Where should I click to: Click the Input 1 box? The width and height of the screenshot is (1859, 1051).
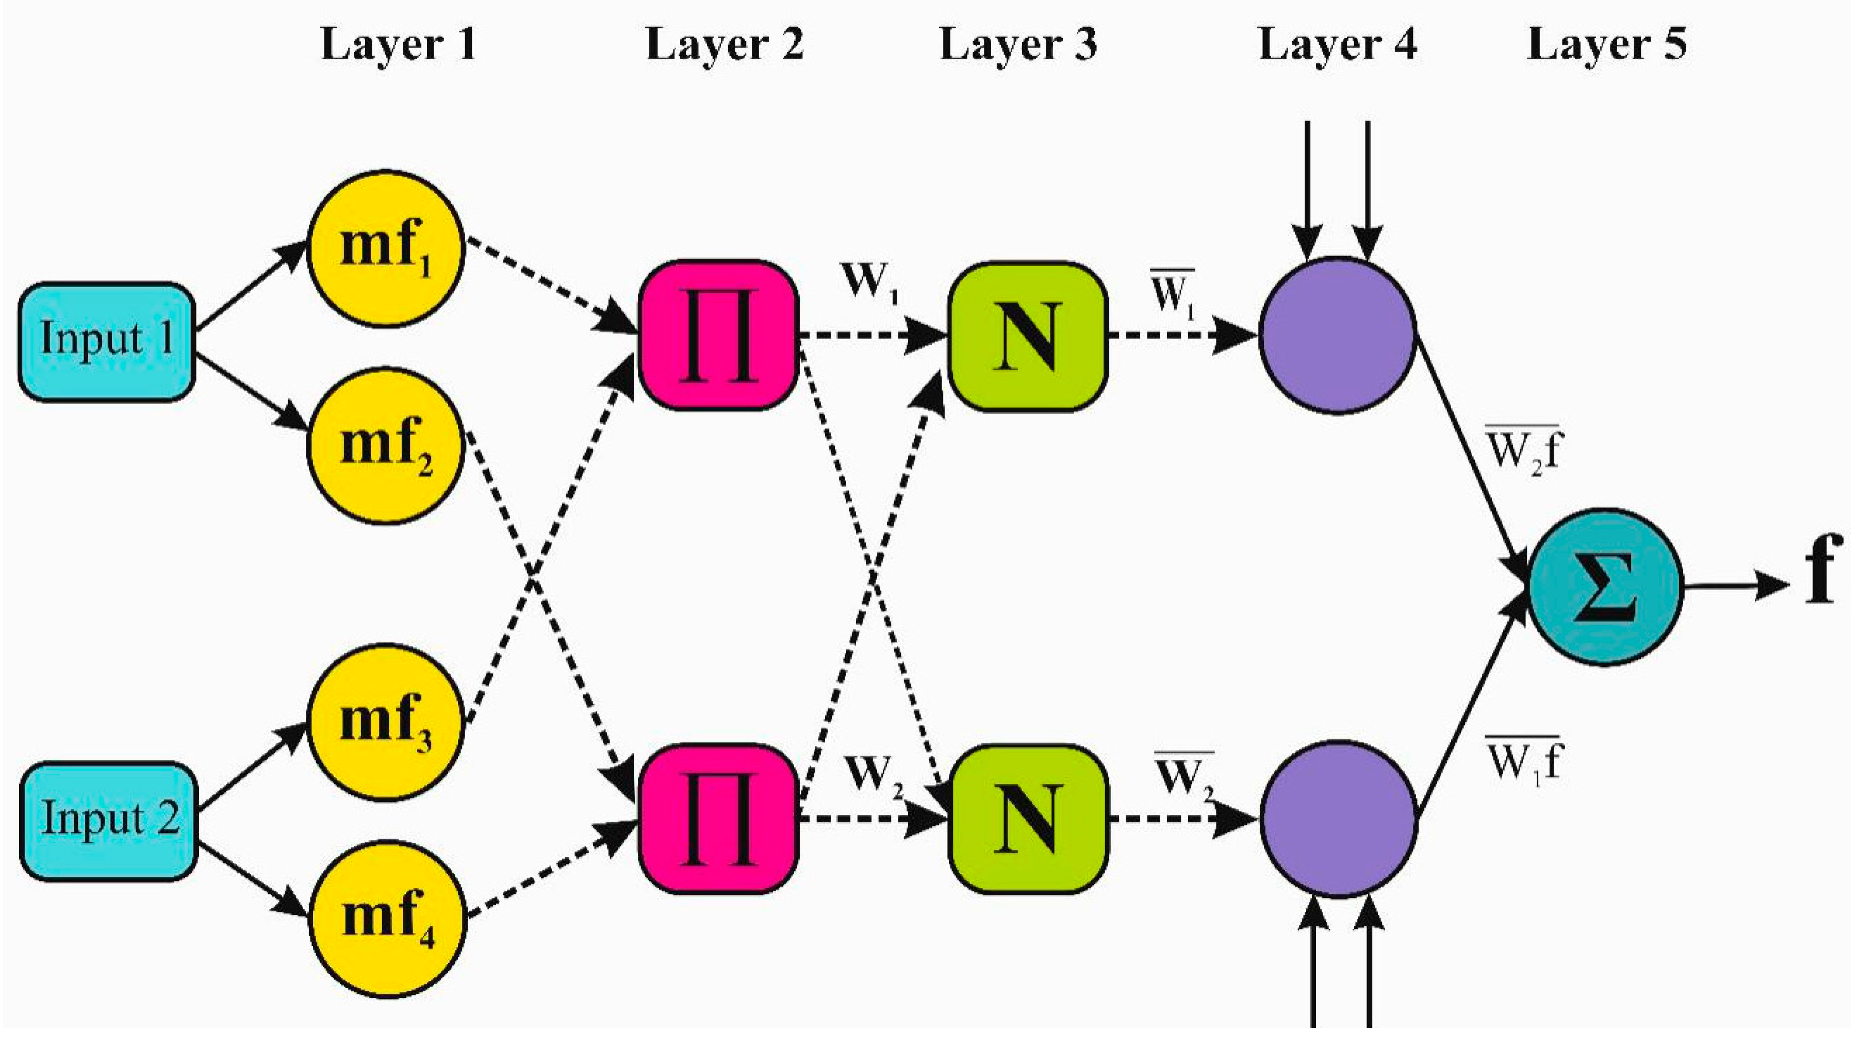(x=107, y=341)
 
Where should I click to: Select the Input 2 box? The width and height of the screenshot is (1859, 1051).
(x=108, y=821)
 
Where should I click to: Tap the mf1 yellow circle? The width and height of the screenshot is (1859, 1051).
(x=386, y=249)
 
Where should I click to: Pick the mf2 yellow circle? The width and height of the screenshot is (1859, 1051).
(x=386, y=445)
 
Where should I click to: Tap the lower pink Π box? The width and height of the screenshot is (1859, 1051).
(x=718, y=819)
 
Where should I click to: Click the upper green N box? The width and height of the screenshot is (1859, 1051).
(x=1027, y=337)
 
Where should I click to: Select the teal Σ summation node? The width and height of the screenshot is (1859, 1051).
(x=1606, y=587)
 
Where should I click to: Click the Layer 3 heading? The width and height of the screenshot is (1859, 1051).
(x=1018, y=45)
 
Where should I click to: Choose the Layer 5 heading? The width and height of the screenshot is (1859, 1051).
(x=1606, y=45)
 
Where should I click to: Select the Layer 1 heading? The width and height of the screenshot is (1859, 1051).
(x=399, y=45)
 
